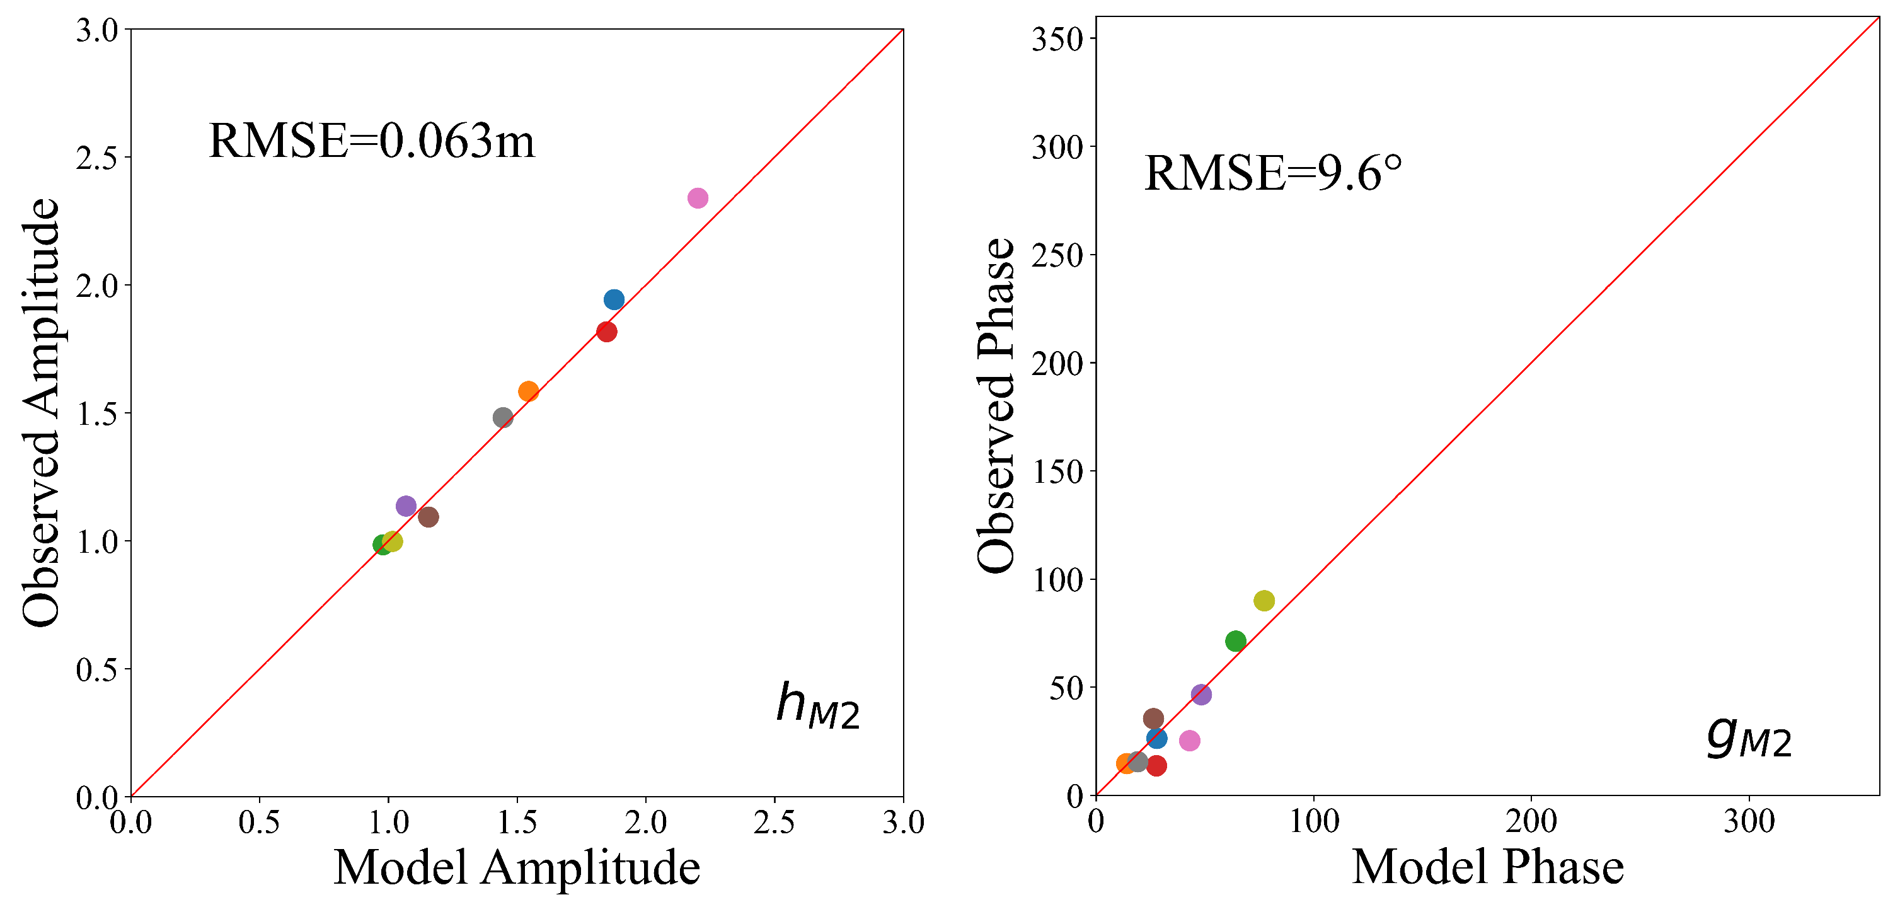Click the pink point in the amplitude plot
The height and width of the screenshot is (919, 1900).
click(x=698, y=198)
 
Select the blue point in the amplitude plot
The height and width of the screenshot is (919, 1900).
click(x=614, y=299)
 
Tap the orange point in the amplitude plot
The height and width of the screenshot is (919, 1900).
click(x=528, y=391)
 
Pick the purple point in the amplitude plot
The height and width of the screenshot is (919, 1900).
click(x=406, y=506)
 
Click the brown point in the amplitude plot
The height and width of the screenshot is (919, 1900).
click(x=428, y=517)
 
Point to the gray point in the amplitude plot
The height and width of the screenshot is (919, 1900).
click(x=503, y=417)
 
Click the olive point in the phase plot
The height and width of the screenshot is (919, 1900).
click(x=1264, y=600)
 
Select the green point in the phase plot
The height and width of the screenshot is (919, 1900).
click(x=1235, y=641)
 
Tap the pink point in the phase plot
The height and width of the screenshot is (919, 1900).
click(x=1190, y=741)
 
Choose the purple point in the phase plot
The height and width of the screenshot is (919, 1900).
click(x=1200, y=694)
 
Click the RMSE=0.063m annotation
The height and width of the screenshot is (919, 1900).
click(x=372, y=140)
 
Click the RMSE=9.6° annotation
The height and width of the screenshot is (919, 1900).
click(x=1273, y=173)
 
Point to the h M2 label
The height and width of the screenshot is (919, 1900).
click(x=817, y=705)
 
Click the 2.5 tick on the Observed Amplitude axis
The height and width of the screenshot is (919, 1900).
click(x=96, y=158)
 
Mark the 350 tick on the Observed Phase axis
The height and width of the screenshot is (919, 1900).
click(x=1056, y=39)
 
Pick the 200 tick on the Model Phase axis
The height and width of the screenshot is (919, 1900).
click(x=1531, y=821)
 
